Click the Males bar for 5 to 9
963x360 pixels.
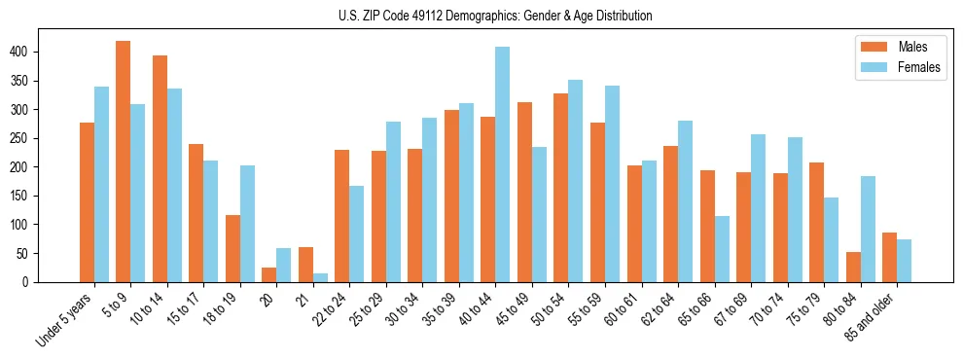pos(124,162)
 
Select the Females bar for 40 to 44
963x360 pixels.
pos(503,164)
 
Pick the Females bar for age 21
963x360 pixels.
pos(320,277)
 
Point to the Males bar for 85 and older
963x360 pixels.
pos(890,257)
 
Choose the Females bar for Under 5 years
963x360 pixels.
pos(101,209)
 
